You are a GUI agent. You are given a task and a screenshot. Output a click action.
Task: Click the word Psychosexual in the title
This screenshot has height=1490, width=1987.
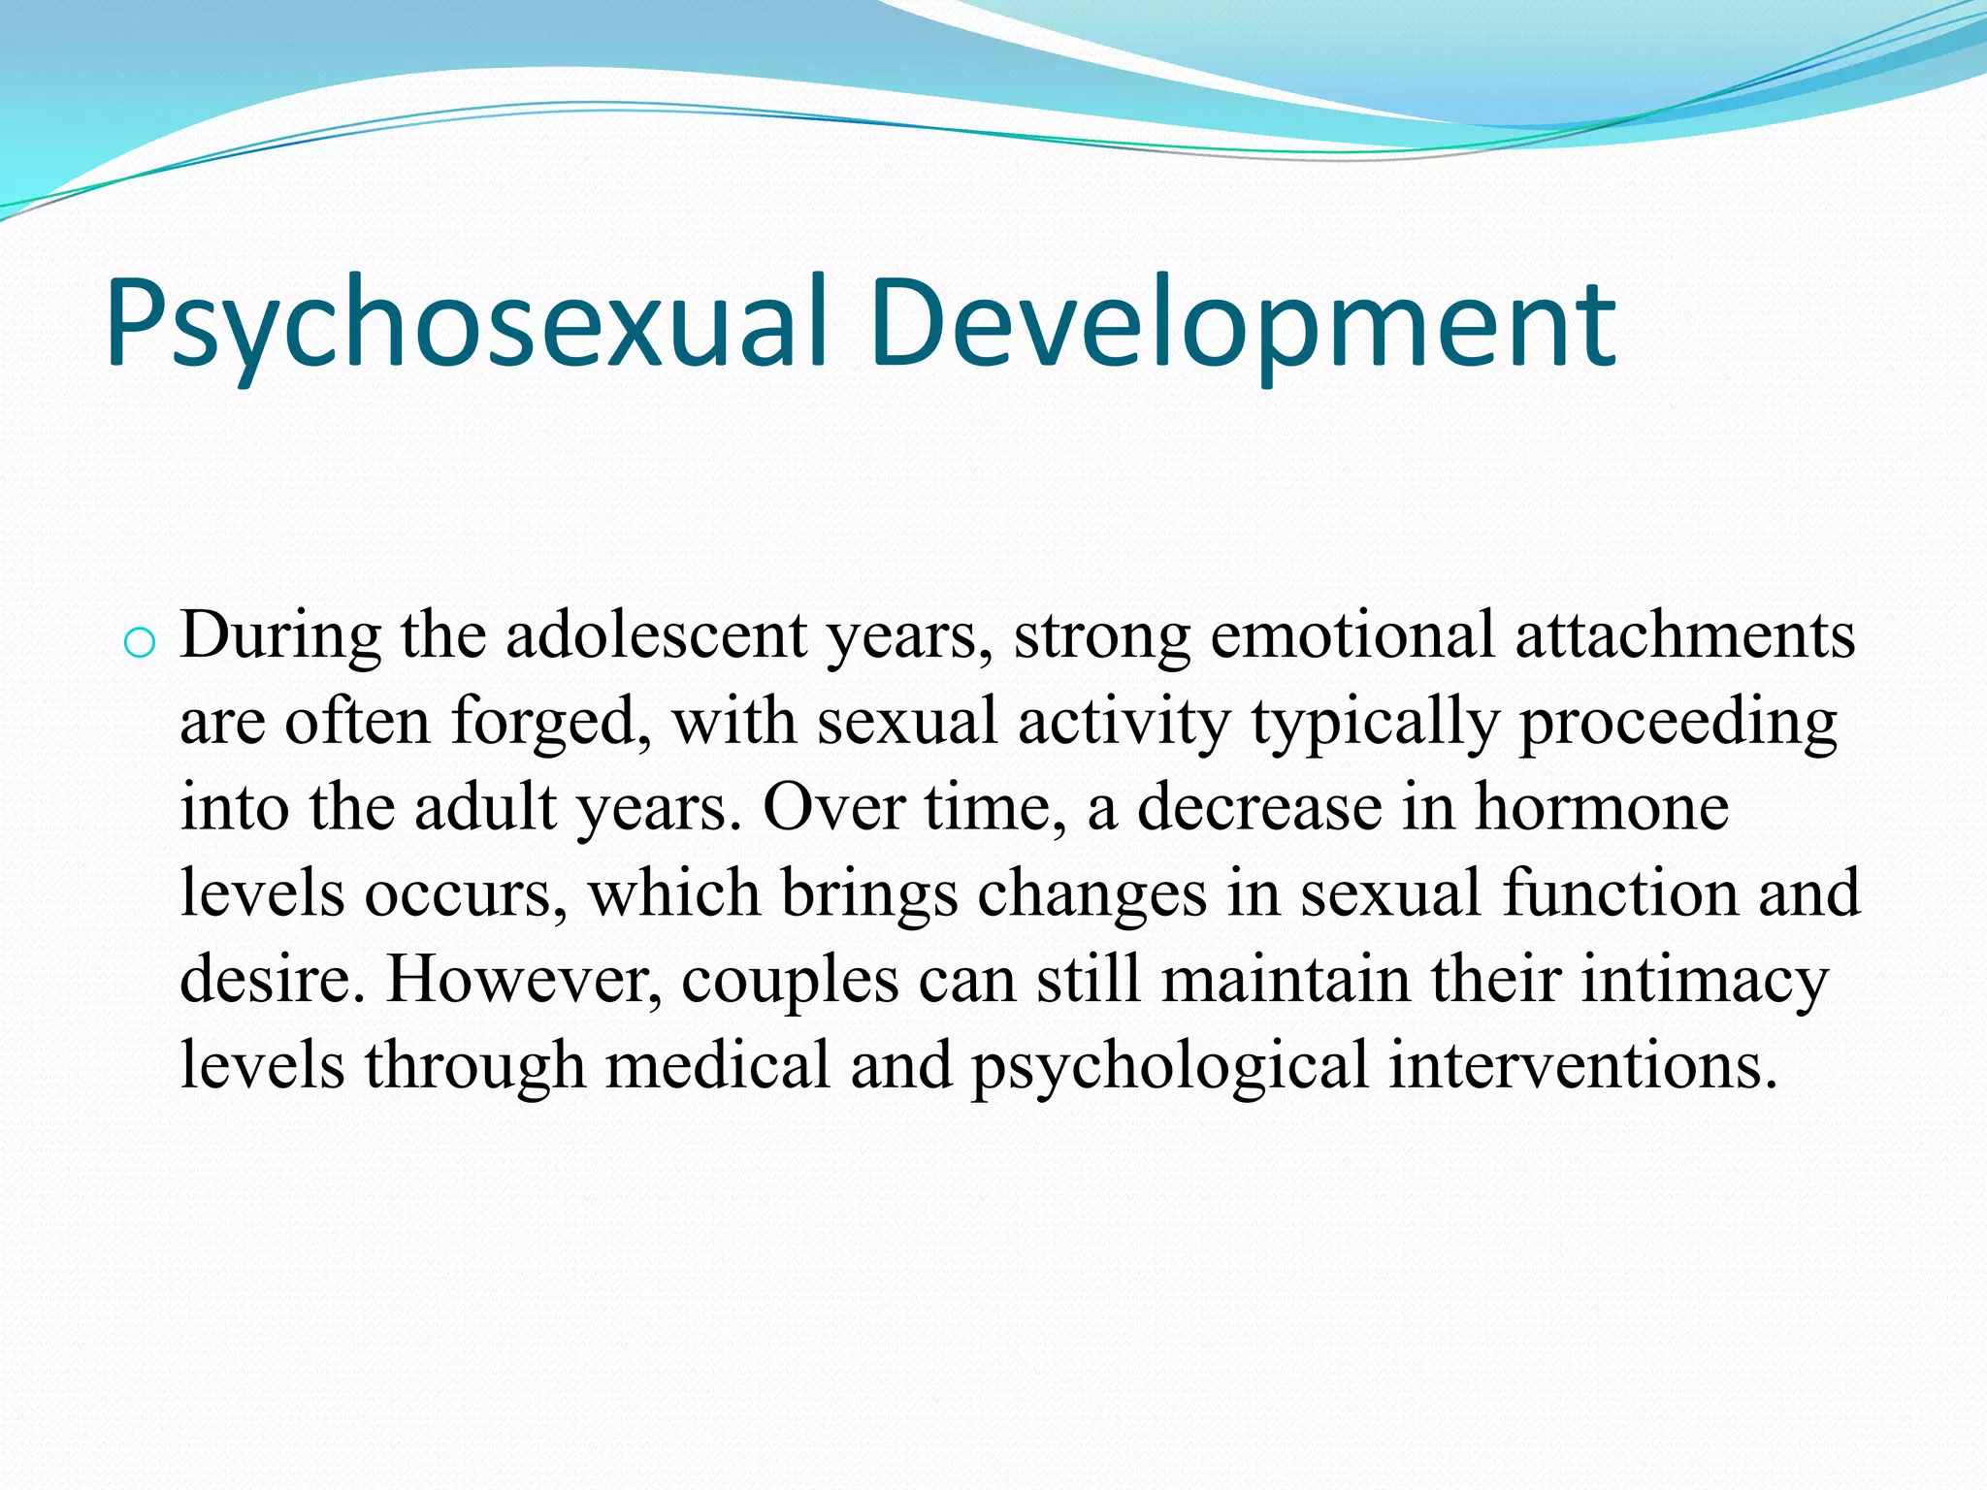(466, 325)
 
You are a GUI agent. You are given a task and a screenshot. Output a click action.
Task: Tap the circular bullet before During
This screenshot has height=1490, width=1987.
(140, 643)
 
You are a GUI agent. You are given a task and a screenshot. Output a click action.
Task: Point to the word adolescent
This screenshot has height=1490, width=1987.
(656, 637)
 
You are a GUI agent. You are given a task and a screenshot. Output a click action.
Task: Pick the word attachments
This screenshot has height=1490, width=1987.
(1685, 637)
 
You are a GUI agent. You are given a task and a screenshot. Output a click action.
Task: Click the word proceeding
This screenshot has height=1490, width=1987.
(1678, 724)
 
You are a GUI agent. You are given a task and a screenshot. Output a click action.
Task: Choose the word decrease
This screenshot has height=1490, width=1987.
(1258, 809)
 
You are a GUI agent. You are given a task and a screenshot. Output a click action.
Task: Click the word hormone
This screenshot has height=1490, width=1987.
(1602, 809)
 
